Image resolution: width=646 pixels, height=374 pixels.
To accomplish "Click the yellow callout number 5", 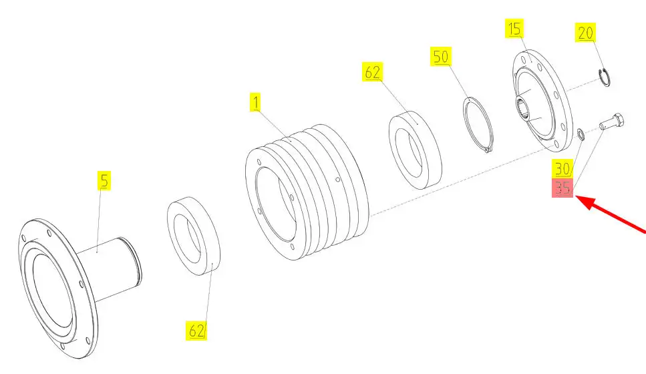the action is (104, 180).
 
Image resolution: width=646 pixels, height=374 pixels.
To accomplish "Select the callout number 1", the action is (255, 102).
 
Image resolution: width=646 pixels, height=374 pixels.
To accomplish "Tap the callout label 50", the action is (441, 56).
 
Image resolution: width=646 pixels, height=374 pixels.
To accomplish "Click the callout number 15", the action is (514, 29).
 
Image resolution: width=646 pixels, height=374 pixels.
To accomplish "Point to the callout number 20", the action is (585, 33).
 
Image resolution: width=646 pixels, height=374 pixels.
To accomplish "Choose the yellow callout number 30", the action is (562, 168).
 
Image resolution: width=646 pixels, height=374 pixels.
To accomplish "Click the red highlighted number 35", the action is (562, 188).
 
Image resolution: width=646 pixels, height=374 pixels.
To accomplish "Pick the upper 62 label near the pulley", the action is (373, 71).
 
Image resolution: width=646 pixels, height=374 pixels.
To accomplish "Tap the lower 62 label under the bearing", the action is (196, 331).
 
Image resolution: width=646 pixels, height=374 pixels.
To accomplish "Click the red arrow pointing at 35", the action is (611, 214).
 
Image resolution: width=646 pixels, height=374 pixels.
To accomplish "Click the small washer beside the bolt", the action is (580, 134).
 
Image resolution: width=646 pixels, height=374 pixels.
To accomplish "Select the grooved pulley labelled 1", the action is (307, 192).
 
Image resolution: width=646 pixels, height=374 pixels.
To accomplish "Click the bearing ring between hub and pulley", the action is (194, 236).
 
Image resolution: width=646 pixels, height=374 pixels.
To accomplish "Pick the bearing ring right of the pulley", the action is (416, 150).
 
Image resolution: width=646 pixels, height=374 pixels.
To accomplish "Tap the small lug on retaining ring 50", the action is (488, 150).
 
